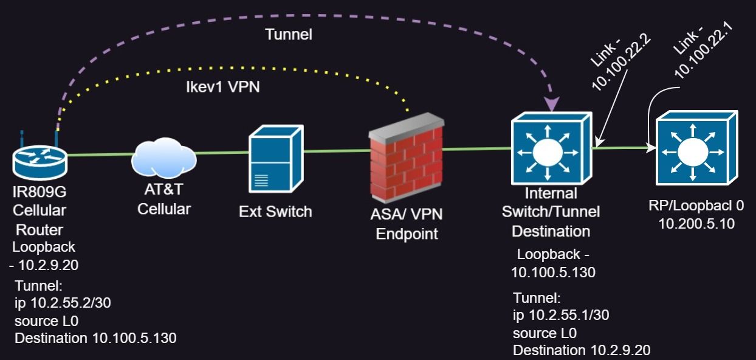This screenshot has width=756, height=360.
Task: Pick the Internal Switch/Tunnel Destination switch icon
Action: (x=549, y=148)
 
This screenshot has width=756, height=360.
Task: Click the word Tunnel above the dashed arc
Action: (x=289, y=35)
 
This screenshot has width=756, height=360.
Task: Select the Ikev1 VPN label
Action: (x=222, y=87)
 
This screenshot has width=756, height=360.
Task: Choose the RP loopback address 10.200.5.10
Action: (x=696, y=224)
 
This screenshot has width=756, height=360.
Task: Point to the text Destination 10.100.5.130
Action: (x=95, y=338)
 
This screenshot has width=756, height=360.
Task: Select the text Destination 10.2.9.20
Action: (x=582, y=350)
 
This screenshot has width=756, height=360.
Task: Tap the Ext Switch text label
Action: (x=275, y=212)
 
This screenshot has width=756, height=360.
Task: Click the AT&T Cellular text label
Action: (x=163, y=200)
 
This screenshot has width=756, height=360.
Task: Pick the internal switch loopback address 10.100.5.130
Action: (x=553, y=272)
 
